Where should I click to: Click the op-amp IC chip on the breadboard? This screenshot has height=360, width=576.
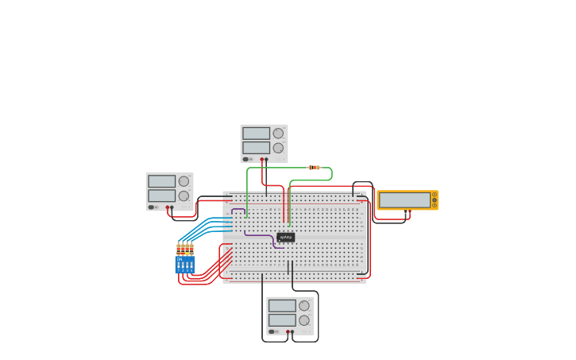pos(286,237)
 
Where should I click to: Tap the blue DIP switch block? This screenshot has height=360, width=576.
pos(184,265)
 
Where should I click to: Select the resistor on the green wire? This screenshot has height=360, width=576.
pos(314,168)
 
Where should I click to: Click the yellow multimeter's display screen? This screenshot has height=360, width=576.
pos(404,200)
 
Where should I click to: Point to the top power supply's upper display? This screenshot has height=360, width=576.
pos(256,134)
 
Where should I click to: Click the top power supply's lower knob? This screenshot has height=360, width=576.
pos(278,148)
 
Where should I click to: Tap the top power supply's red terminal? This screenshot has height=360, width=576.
pos(261,159)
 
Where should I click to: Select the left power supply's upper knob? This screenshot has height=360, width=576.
pos(184,181)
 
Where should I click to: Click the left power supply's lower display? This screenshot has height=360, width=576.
pos(161,195)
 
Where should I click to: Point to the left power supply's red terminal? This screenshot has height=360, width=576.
pos(167,207)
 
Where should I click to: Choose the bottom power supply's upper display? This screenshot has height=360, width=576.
pos(281,305)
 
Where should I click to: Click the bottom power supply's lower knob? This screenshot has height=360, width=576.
pos(303,319)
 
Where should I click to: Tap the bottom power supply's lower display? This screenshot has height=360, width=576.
pos(281,319)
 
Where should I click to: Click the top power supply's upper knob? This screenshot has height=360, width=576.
pos(278,134)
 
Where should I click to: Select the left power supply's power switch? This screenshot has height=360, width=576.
pos(151,207)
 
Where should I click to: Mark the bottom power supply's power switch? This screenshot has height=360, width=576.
pos(272,331)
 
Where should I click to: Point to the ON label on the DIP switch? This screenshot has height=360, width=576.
pos(180,259)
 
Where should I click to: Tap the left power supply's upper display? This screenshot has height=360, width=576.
pos(161,181)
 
